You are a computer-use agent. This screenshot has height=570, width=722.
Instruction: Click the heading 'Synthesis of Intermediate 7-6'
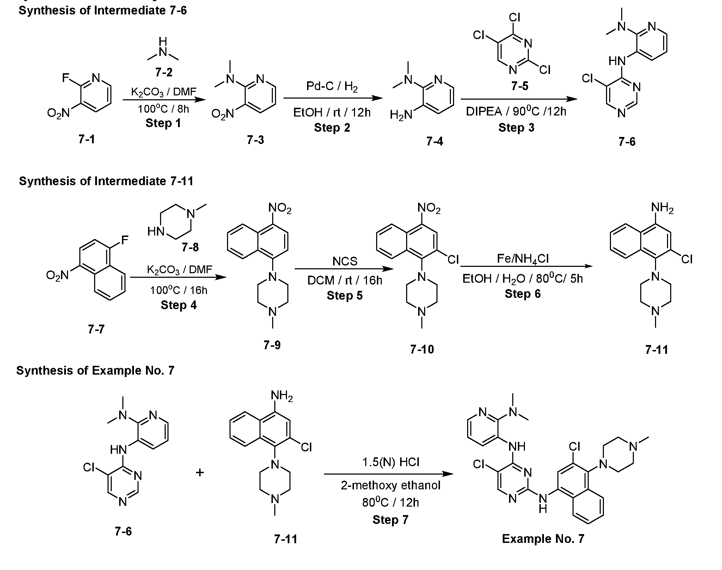pyautogui.click(x=103, y=11)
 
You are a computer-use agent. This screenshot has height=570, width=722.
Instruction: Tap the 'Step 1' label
pyautogui.click(x=163, y=123)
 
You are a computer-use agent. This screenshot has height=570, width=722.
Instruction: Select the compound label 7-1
pyautogui.click(x=87, y=139)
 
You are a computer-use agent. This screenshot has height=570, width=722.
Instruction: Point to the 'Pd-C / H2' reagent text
pyautogui.click(x=332, y=86)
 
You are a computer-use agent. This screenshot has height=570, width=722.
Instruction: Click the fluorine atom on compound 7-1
pyautogui.click(x=65, y=77)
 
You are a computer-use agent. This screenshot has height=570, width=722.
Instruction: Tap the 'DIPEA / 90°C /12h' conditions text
pyautogui.click(x=516, y=112)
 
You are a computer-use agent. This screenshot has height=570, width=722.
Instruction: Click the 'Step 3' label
pyautogui.click(x=516, y=127)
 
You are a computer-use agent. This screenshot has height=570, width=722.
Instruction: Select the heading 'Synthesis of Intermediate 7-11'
pyautogui.click(x=106, y=181)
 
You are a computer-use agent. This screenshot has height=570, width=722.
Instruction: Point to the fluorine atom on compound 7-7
pyautogui.click(x=124, y=240)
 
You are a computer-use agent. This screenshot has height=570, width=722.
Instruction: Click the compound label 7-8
pyautogui.click(x=190, y=248)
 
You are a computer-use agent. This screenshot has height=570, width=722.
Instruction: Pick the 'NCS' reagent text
pyautogui.click(x=344, y=261)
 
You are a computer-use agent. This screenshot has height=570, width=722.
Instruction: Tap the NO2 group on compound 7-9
pyautogui.click(x=280, y=209)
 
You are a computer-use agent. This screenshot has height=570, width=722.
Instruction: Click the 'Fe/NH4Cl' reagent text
pyautogui.click(x=522, y=259)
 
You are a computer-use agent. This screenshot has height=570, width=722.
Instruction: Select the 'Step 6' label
pyautogui.click(x=522, y=294)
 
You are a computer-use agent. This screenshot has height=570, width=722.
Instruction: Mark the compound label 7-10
pyautogui.click(x=422, y=349)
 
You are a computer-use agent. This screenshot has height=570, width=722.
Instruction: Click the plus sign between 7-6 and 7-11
pyautogui.click(x=200, y=472)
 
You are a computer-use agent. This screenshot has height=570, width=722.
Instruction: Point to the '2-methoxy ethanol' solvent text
pyautogui.click(x=391, y=486)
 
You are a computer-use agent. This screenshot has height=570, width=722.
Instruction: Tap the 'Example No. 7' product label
pyautogui.click(x=543, y=539)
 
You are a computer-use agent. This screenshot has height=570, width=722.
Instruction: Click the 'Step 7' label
pyautogui.click(x=390, y=520)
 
